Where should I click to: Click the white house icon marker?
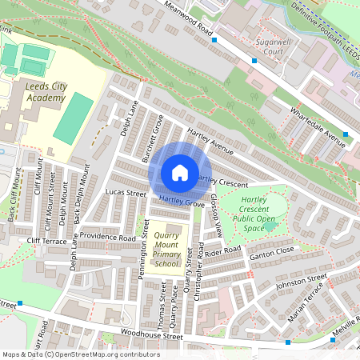click(x=179, y=173)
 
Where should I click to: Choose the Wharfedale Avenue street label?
click(x=318, y=126)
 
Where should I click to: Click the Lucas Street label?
click(x=126, y=194)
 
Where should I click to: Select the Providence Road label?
click(x=108, y=238)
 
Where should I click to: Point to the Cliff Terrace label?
click(x=46, y=240)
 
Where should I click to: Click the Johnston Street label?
click(x=302, y=281)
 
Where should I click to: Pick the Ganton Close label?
click(x=273, y=251)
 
